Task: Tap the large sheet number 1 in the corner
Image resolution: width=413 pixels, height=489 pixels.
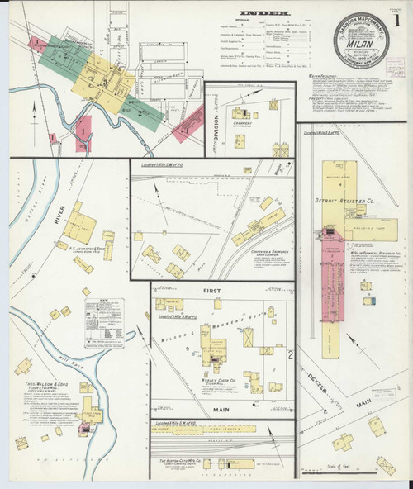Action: click(396, 18)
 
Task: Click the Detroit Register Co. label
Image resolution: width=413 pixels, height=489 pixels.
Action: click(345, 201)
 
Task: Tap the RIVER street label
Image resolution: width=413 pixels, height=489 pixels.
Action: click(58, 214)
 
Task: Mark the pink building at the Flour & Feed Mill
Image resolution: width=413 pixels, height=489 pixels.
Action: click(83, 429)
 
